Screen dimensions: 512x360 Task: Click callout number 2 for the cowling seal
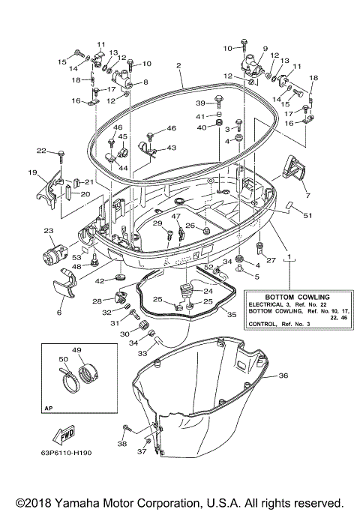(x=180, y=66)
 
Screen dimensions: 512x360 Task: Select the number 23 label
(x=49, y=230)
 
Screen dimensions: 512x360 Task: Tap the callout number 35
(x=231, y=315)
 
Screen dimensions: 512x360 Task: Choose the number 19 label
(x=33, y=173)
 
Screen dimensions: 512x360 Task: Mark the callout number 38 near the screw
(x=123, y=444)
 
